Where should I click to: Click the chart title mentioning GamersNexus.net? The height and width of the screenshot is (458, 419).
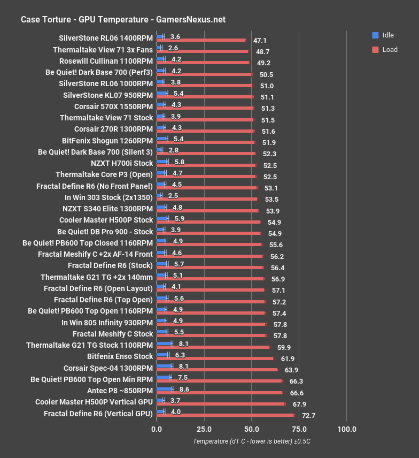coord(123,20)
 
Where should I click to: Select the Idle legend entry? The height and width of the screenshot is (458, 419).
coord(383,35)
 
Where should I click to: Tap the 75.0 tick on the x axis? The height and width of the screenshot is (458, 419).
coord(299,429)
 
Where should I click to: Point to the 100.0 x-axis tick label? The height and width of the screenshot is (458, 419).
coord(347,429)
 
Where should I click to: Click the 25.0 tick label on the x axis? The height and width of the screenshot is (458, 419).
coord(204,429)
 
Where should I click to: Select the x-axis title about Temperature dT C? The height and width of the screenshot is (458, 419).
coord(252,441)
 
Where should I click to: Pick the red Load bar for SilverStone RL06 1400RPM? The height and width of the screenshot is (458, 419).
coord(201,40)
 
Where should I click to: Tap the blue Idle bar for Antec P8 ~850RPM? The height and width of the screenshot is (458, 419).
coord(165,389)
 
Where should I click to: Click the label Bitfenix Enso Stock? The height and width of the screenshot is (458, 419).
coord(120,356)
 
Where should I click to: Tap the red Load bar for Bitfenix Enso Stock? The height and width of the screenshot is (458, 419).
coord(215,358)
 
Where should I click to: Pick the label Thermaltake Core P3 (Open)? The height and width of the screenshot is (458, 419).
coord(104,174)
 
